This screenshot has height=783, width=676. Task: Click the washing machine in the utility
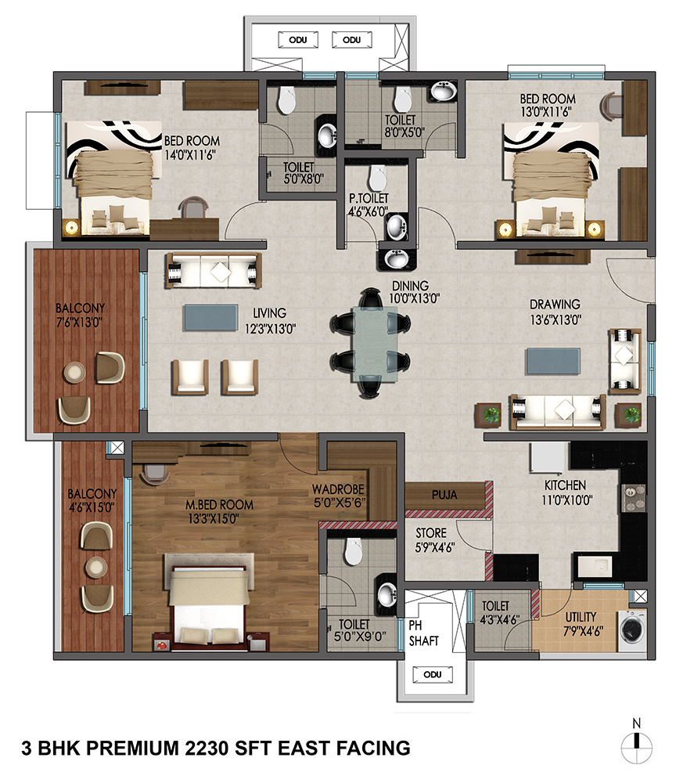pos(632,630)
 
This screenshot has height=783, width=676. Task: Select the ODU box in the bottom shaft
pos(433,675)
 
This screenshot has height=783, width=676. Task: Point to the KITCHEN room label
pos(565,485)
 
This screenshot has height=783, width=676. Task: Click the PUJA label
pos(444,495)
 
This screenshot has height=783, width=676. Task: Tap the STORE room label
pos(431,533)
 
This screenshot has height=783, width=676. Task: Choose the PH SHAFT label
pos(423,633)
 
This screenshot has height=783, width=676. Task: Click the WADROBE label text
pos(338,489)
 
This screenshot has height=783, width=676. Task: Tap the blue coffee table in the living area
pos(211,318)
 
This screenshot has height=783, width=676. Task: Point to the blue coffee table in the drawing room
pos(554,361)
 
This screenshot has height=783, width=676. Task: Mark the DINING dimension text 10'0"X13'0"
pos(415,298)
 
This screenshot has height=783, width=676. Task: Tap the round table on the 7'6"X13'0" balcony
pos(74,372)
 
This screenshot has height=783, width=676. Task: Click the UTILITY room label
pos(581,617)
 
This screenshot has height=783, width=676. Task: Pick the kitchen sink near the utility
pos(595,566)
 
